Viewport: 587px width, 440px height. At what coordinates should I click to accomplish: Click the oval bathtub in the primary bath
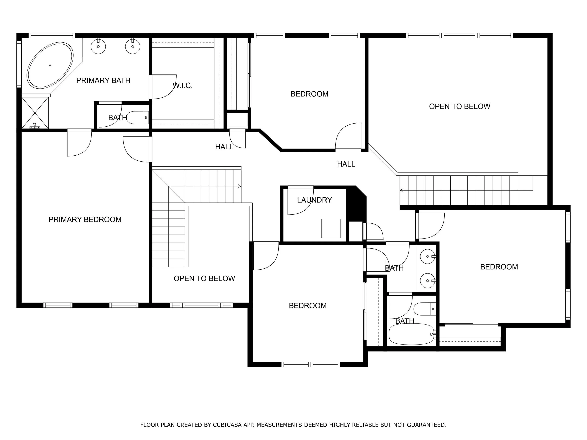pos(50,65)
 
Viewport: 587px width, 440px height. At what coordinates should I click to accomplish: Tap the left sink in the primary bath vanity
pos(98,47)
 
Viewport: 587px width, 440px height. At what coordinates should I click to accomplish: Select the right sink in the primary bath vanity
pos(132,47)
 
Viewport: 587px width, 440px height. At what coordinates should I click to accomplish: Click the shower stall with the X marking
pos(35,113)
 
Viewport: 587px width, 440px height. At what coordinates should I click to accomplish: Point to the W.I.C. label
pos(182,85)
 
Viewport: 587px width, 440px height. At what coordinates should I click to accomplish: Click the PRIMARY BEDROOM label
pos(85,220)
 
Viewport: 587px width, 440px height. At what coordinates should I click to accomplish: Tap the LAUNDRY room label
pos(315,200)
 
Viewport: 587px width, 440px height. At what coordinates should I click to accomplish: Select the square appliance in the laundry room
pos(331,228)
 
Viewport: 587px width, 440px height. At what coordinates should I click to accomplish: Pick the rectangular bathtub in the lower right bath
pos(412,334)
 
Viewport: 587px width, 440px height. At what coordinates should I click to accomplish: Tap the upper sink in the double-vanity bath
pos(427,256)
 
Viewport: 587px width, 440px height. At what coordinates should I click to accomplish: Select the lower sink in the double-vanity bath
pos(427,280)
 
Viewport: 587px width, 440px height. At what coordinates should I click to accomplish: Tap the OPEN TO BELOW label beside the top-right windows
pos(460,106)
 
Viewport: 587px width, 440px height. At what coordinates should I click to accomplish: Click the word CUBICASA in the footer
pos(227,425)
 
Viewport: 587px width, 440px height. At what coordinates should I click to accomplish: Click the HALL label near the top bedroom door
pos(346,164)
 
